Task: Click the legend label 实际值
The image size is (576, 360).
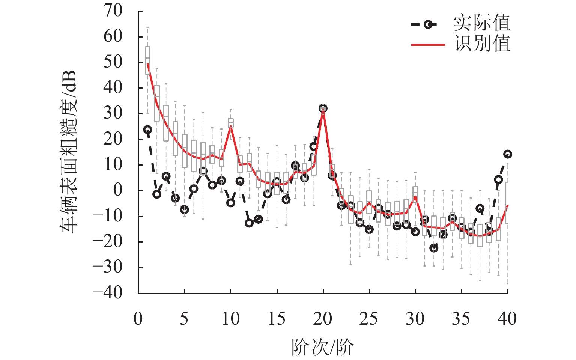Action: pyautogui.click(x=482, y=23)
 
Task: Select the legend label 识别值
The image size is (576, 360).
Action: pyautogui.click(x=482, y=44)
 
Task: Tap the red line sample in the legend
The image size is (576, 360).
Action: pyautogui.click(x=428, y=45)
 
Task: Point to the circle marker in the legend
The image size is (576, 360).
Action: pyautogui.click(x=428, y=24)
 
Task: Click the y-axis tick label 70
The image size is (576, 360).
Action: pyautogui.click(x=113, y=11)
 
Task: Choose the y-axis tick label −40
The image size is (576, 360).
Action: pyautogui.click(x=108, y=292)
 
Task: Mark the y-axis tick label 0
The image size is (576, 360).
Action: pyautogui.click(x=118, y=190)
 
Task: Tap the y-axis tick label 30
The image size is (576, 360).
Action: pyautogui.click(x=113, y=113)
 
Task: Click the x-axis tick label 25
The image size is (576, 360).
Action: pyautogui.click(x=368, y=319)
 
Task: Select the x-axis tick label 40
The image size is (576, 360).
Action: pyautogui.click(x=507, y=319)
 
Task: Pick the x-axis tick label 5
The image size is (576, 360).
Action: pyautogui.click(x=184, y=319)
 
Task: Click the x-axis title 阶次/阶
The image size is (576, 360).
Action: pyautogui.click(x=323, y=347)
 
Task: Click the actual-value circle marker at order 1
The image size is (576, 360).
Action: pyautogui.click(x=148, y=130)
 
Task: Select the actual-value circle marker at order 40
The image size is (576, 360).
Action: pyautogui.click(x=508, y=154)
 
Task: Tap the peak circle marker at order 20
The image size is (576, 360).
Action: pyautogui.click(x=323, y=108)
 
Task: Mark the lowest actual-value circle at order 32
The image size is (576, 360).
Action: pyautogui.click(x=434, y=248)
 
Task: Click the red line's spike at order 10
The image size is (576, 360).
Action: pyautogui.click(x=231, y=127)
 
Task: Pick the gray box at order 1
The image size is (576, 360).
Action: pyautogui.click(x=148, y=60)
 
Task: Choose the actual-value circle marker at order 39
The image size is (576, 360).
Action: pyautogui.click(x=498, y=179)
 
